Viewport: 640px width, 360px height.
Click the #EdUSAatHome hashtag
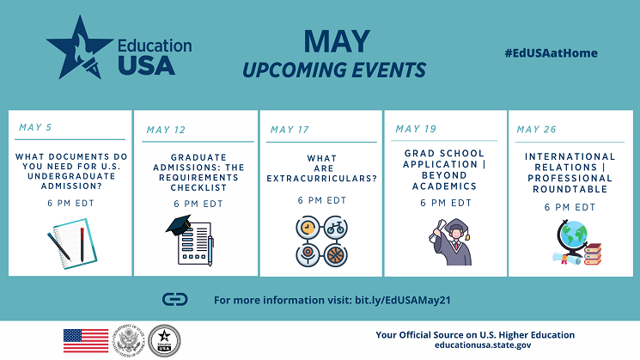click(551, 53)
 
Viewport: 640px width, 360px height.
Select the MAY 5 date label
click(35, 127)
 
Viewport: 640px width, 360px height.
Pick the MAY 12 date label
click(166, 130)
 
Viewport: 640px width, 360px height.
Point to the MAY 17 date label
click(290, 130)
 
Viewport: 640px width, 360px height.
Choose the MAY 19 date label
click(416, 129)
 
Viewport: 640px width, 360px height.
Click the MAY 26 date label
click(536, 130)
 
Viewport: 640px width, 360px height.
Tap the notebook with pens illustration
click(73, 244)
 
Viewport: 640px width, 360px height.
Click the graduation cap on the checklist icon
click(179, 225)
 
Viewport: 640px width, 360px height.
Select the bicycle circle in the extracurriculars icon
click(336, 228)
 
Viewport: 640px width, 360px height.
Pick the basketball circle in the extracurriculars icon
click(336, 255)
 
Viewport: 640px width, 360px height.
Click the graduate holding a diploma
click(451, 242)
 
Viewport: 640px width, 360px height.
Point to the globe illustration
click(572, 236)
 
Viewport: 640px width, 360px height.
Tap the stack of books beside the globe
click(593, 254)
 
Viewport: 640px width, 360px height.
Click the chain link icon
click(175, 300)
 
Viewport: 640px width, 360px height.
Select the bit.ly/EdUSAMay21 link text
click(402, 301)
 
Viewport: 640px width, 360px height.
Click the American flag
click(86, 341)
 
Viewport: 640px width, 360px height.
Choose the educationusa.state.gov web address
click(483, 345)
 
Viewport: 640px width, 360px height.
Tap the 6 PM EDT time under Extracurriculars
click(322, 200)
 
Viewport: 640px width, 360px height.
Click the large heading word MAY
click(337, 41)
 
